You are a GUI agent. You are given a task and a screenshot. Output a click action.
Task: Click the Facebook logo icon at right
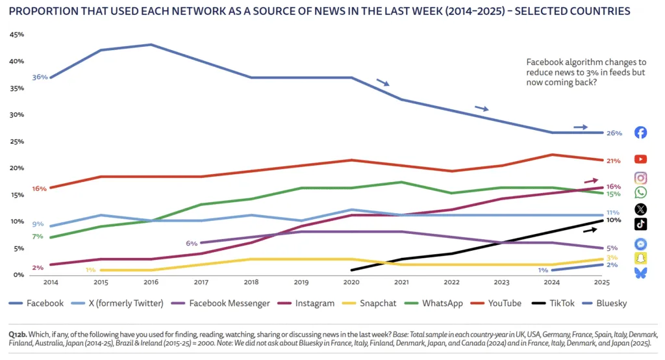(x=640, y=133)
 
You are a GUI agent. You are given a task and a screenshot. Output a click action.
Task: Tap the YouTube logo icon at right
(x=640, y=159)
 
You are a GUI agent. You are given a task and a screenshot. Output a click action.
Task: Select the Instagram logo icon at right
(x=640, y=178)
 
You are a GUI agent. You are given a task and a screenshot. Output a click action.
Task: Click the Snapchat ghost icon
(x=640, y=258)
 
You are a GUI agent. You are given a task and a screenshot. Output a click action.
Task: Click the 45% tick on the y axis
(x=17, y=35)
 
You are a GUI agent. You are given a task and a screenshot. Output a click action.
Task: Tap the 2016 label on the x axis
(x=151, y=283)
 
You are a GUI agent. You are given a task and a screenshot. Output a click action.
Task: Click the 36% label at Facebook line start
(x=39, y=77)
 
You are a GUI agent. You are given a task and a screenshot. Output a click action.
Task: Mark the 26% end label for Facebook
(x=614, y=133)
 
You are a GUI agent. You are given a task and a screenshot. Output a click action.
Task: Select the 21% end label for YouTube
(x=614, y=161)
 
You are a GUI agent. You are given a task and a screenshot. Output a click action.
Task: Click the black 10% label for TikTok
(x=614, y=220)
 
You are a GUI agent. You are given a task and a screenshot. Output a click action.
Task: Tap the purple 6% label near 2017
(x=192, y=243)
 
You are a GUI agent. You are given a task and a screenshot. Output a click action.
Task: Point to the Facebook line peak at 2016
(x=151, y=45)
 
